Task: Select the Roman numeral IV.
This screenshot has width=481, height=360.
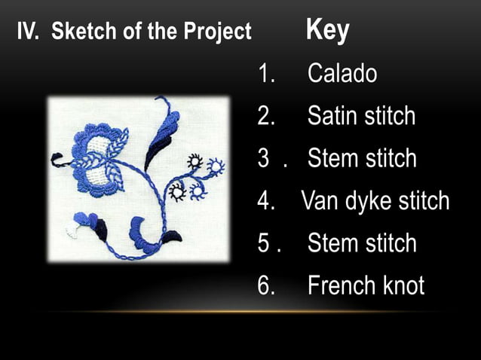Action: coord(29,32)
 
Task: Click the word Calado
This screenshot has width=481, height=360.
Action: coord(342,74)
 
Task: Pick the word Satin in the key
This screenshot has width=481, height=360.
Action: coord(332,116)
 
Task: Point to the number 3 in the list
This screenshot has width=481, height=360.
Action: coord(263,158)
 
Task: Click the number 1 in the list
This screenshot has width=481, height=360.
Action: coord(264,74)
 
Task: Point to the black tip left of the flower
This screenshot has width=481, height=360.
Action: coord(57,159)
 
